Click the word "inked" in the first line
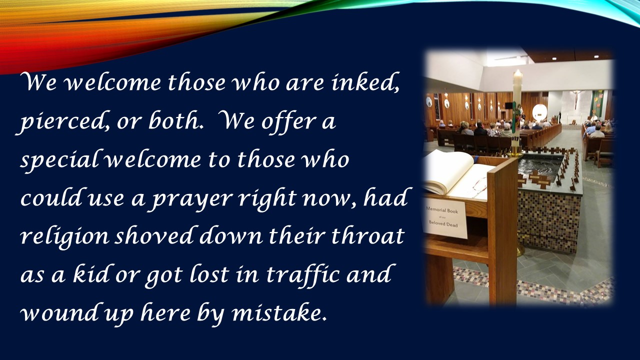[365, 82]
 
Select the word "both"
[174, 121]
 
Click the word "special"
[58, 160]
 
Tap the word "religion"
[64, 237]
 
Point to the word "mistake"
[279, 312]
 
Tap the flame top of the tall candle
[517, 73]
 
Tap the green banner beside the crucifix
[597, 103]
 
